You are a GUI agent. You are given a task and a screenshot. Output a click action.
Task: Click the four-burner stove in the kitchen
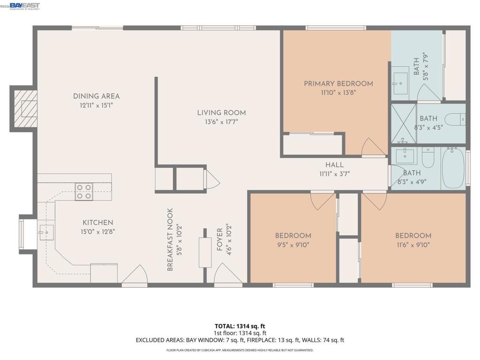click(84, 192)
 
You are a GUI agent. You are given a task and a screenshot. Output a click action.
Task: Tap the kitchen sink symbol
click(46, 232)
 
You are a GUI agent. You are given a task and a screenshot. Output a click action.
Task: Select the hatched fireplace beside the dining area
click(25, 109)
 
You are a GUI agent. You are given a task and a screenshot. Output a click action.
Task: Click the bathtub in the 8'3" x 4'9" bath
click(453, 168)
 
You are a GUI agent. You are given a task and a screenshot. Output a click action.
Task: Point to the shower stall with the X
click(404, 124)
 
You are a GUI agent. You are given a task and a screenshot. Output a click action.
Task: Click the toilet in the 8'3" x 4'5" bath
click(455, 120)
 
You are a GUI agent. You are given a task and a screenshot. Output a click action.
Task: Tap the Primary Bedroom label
click(338, 83)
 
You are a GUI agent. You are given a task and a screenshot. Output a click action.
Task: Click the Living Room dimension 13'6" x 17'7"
click(221, 122)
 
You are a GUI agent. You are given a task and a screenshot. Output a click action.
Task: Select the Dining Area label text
click(96, 96)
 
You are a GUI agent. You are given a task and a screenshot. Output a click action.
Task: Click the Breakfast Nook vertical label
click(170, 240)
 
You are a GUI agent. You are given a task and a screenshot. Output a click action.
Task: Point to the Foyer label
click(219, 240)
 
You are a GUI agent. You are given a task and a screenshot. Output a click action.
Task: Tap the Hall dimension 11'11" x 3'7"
click(334, 174)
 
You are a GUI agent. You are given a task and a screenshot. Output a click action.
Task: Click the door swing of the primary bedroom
click(373, 147)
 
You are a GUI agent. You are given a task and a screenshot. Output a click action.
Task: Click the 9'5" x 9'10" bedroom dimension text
click(293, 245)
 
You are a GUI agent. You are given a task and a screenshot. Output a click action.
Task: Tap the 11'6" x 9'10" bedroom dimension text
click(413, 245)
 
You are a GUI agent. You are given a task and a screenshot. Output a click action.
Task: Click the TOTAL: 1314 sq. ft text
click(240, 326)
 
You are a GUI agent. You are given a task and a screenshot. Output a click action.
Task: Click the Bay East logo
click(24, 6)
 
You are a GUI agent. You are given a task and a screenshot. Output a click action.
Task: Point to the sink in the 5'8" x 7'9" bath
click(400, 83)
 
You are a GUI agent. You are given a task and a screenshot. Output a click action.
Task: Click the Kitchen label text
click(97, 223)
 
